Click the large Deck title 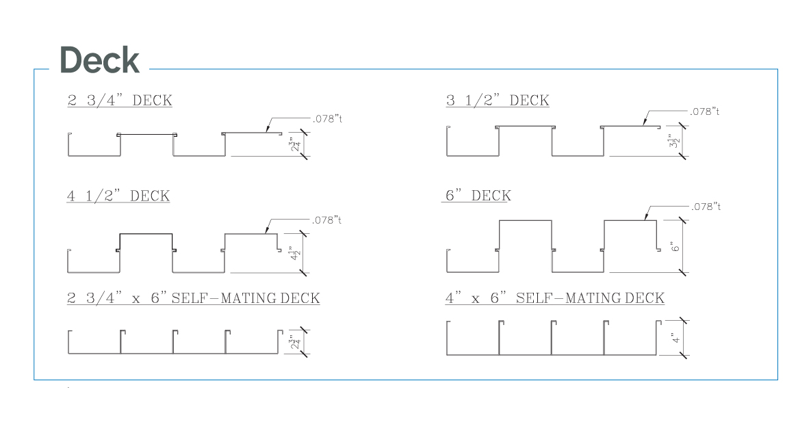(x=99, y=60)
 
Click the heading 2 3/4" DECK (x=119, y=101)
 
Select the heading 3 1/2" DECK (x=497, y=101)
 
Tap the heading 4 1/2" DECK (x=118, y=196)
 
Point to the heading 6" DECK (x=478, y=196)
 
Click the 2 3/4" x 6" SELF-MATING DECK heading (x=193, y=298)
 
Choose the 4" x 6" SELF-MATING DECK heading (x=554, y=298)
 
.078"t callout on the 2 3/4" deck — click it (x=327, y=119)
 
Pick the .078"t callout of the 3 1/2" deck (x=705, y=111)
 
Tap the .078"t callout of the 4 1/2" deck (x=327, y=220)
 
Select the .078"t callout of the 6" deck (x=705, y=207)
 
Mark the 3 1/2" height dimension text (x=674, y=142)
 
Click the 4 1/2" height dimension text (x=295, y=253)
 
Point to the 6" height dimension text (x=674, y=246)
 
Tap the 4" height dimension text (x=674, y=338)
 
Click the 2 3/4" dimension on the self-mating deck (x=294, y=342)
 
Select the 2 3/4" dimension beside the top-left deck (x=295, y=144)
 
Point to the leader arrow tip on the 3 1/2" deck (x=644, y=125)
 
